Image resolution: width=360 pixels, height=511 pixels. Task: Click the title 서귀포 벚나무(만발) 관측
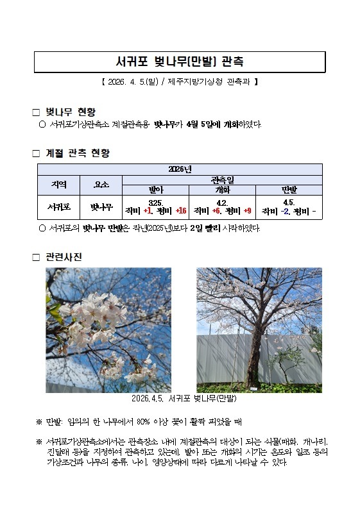coord(180,62)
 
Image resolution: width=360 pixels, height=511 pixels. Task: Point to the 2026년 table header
coord(180,169)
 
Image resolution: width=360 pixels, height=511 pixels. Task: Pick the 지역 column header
coord(58,185)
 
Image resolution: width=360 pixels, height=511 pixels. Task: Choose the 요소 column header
coord(101,185)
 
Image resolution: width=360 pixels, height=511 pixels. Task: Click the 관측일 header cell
coord(221,180)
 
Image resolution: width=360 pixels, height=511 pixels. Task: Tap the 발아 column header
coord(156,190)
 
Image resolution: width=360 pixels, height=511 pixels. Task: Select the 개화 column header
coord(222,190)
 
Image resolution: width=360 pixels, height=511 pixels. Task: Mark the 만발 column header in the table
coord(289,190)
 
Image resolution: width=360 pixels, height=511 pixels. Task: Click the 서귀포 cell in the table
coord(58,208)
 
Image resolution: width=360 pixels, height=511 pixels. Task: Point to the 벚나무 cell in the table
coord(101,208)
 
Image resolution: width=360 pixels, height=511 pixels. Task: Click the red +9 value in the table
coord(247,211)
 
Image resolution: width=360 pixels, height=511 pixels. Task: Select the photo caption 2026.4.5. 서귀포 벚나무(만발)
coord(184,399)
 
